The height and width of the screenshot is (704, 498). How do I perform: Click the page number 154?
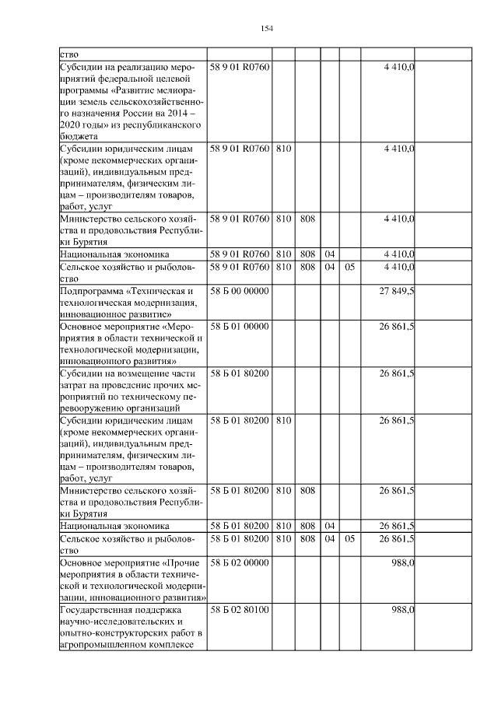[x=266, y=29]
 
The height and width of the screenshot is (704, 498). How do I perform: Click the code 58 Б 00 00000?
[x=239, y=290]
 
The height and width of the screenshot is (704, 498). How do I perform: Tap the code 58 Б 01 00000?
[x=239, y=327]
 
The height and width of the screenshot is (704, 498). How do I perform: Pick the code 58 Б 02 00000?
[x=239, y=562]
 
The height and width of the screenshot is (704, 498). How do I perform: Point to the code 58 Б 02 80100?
[x=239, y=609]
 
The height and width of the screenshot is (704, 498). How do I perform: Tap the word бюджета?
[x=78, y=135]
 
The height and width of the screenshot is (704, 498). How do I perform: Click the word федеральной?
[x=129, y=79]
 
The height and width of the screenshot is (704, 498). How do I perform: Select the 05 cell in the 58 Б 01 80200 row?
[x=349, y=538]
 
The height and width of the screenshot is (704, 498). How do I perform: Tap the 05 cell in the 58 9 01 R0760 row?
[x=349, y=266]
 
